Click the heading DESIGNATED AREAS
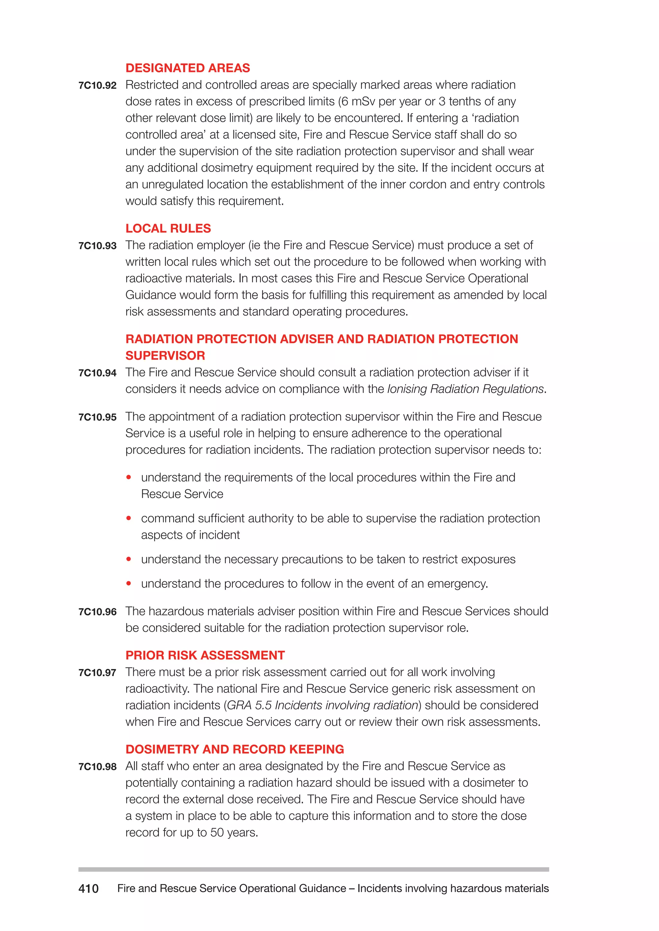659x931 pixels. (x=188, y=68)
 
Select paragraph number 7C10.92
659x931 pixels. (x=97, y=86)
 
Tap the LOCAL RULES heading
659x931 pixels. (x=168, y=228)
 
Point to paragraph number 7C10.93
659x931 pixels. (x=97, y=246)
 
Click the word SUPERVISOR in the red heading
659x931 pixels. (x=165, y=356)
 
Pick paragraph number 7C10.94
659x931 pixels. (x=97, y=373)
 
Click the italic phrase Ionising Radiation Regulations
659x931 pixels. (x=465, y=389)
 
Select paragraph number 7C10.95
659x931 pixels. (x=97, y=417)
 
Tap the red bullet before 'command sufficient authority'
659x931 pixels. (x=129, y=518)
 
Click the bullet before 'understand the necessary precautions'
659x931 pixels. (x=129, y=559)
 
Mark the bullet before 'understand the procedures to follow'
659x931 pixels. (x=129, y=583)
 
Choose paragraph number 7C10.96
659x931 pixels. (x=97, y=612)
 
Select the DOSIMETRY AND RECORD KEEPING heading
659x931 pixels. (x=235, y=749)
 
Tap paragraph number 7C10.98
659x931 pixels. (x=97, y=767)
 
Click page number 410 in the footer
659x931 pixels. (x=88, y=889)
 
